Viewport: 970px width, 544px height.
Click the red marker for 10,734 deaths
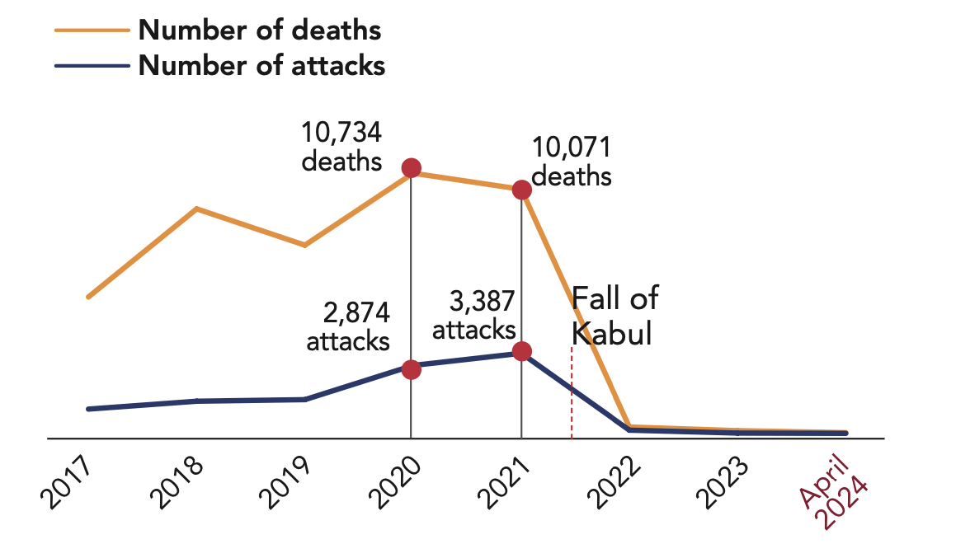pos(411,169)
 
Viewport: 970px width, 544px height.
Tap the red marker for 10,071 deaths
pos(521,190)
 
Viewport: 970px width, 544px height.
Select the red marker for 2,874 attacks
pos(411,369)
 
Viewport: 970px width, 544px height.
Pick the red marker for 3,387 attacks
pos(521,351)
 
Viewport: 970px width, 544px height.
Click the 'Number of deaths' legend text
pos(259,30)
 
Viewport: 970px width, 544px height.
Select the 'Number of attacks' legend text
pos(261,65)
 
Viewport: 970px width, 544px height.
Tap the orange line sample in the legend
pos(92,30)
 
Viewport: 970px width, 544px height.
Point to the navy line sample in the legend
pos(92,65)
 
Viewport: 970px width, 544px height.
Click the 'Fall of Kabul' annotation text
pos(614,316)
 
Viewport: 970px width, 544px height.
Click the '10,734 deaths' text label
pos(341,146)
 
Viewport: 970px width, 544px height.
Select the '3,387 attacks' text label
pos(475,316)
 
